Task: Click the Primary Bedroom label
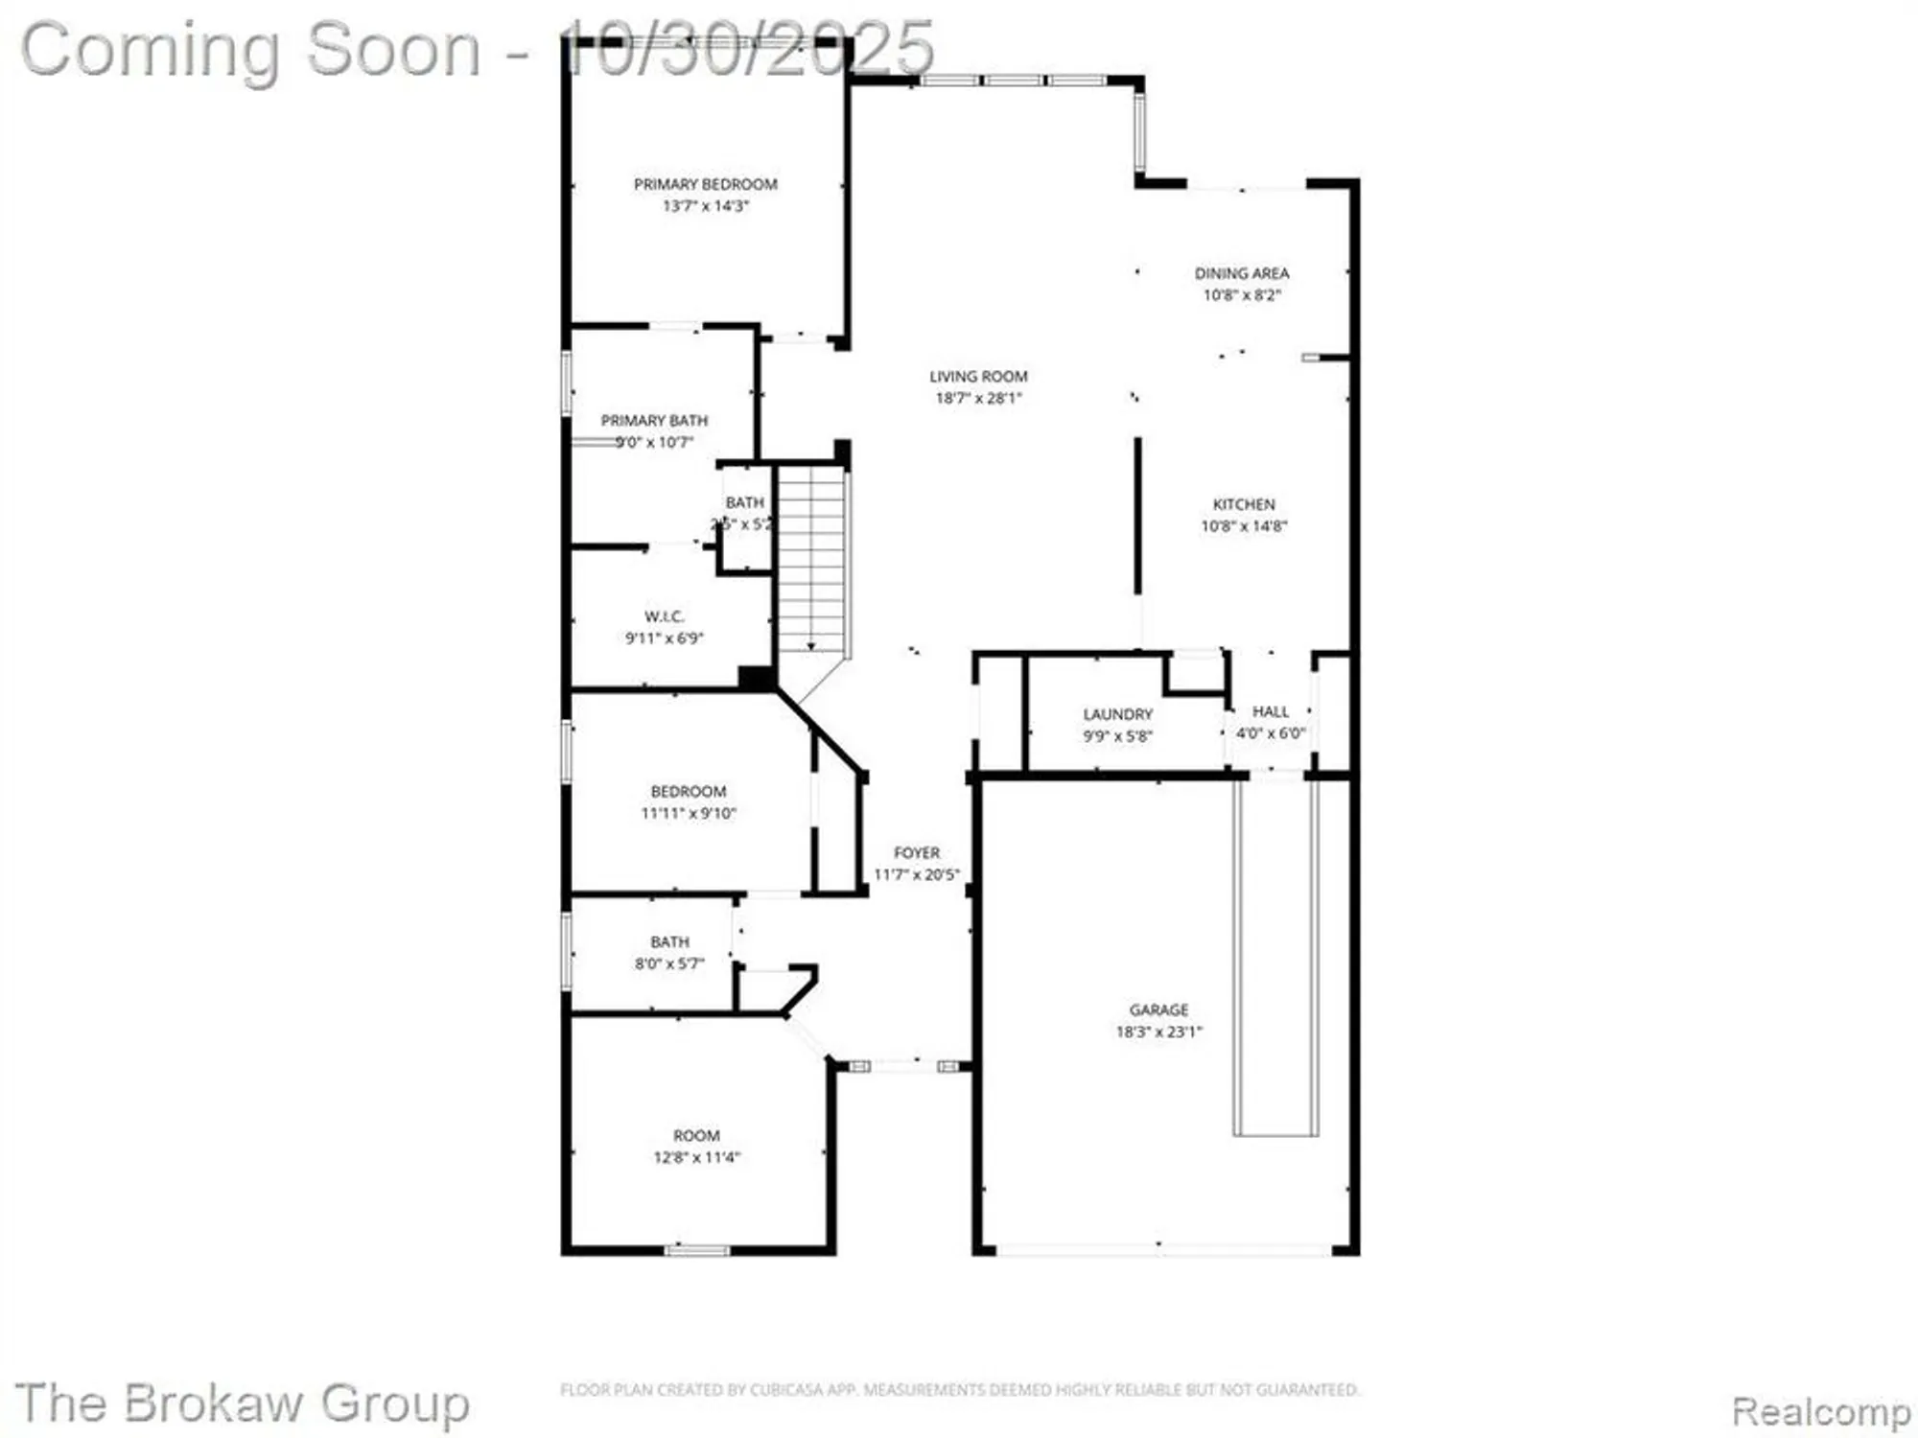(705, 184)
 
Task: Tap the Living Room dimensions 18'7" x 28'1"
(978, 399)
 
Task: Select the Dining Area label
(1241, 273)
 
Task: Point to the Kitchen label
(1244, 504)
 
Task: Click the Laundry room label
(1117, 715)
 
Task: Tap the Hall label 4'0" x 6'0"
(1270, 723)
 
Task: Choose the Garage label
(1158, 1010)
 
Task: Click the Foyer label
(917, 853)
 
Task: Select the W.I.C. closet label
(664, 616)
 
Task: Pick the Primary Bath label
(654, 421)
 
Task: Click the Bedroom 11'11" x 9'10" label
(688, 802)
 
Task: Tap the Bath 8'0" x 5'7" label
(669, 953)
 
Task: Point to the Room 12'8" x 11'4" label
(696, 1146)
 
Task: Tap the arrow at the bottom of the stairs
(811, 646)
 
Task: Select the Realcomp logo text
(1820, 1411)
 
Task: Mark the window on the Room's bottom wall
(697, 1250)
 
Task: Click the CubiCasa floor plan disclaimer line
(959, 1389)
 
